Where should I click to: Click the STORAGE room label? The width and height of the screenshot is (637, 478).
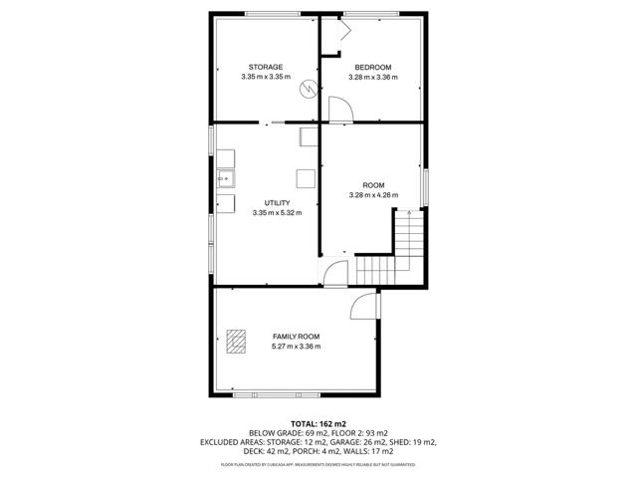click(266, 67)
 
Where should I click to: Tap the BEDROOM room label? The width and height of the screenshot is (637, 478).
click(373, 67)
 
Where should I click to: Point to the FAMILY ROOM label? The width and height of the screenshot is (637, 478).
click(297, 338)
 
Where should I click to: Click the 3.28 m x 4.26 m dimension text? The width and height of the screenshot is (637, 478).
click(373, 195)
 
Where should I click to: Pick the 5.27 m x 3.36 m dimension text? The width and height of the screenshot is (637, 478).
click(297, 348)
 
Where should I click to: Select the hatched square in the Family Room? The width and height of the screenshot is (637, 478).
click(237, 342)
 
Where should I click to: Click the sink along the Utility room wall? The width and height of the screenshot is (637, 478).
click(226, 179)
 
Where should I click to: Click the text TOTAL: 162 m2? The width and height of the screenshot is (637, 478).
click(318, 424)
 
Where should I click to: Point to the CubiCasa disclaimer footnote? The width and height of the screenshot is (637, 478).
click(318, 464)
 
